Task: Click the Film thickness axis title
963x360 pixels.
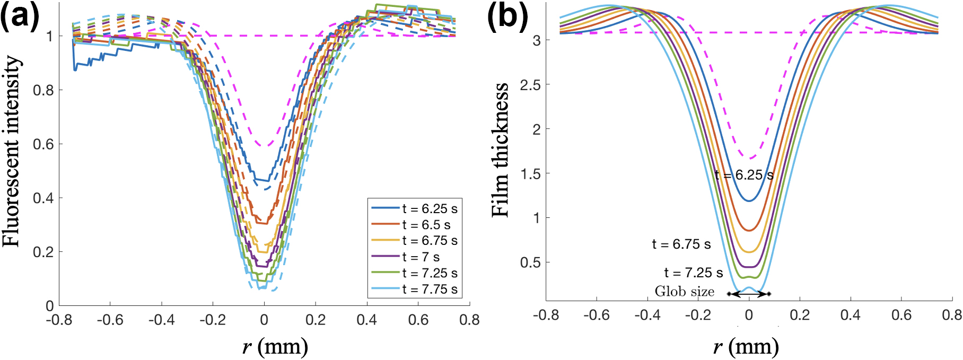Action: [x=501, y=150]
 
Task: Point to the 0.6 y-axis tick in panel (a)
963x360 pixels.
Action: [x=43, y=144]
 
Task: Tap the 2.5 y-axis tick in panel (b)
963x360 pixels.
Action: [x=530, y=85]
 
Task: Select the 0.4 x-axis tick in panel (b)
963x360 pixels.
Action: [x=850, y=315]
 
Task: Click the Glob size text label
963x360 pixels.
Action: [x=684, y=292]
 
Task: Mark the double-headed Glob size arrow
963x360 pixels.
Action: [x=749, y=294]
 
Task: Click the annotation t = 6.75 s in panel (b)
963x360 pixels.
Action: [x=681, y=244]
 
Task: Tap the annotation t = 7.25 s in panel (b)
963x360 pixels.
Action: [x=693, y=273]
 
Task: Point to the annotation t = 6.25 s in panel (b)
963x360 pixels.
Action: [x=743, y=175]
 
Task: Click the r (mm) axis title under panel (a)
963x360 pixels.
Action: [x=275, y=347]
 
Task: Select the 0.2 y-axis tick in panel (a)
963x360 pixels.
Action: [x=43, y=252]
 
